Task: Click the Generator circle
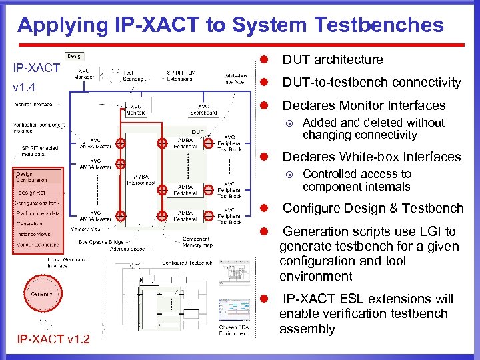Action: pos(42,294)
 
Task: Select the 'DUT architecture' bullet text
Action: pos(332,60)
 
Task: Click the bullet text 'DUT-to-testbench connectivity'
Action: pos(371,83)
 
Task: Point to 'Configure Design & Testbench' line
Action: pos(373,208)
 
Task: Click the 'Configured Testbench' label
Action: pos(187,263)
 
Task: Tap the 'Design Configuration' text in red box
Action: pos(32,177)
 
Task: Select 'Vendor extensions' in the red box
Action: pos(38,245)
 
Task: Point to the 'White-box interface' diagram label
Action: pos(237,78)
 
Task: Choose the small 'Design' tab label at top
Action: pos(75,56)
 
